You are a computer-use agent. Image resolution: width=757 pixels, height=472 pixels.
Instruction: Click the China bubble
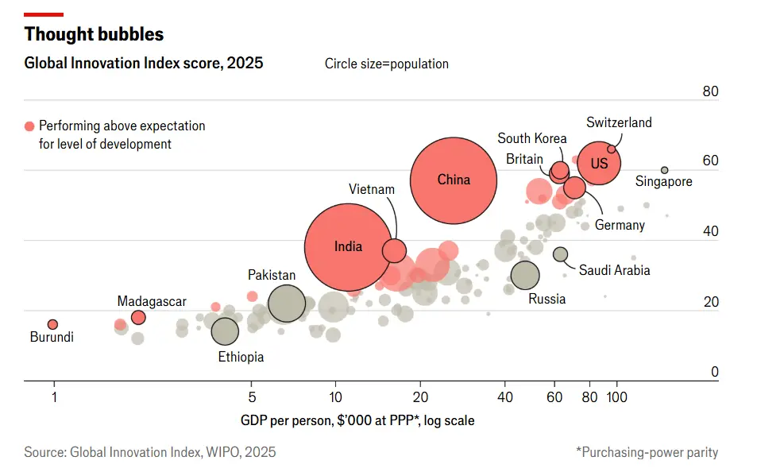(x=454, y=180)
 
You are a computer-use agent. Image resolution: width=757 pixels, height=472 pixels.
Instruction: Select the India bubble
(x=348, y=247)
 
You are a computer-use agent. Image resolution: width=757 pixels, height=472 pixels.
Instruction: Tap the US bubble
(x=599, y=163)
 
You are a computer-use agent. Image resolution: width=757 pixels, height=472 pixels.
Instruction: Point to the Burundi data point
(x=53, y=324)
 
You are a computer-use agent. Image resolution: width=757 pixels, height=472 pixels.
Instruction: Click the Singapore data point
(x=665, y=170)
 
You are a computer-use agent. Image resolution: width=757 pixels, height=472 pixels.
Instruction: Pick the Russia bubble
(x=525, y=275)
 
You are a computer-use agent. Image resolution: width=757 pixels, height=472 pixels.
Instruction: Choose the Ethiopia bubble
(x=225, y=331)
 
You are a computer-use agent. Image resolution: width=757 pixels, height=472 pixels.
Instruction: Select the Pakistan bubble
(x=287, y=304)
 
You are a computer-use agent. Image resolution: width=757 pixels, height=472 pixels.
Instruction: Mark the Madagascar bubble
(x=138, y=317)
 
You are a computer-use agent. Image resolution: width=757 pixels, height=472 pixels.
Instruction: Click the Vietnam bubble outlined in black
(x=394, y=250)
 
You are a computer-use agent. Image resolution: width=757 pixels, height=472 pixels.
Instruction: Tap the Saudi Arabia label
(x=614, y=270)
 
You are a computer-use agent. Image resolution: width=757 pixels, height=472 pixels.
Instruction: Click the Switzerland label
(x=619, y=122)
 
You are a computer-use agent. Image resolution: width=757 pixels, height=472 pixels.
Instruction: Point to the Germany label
(x=620, y=225)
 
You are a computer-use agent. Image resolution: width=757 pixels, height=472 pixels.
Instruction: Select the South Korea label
(x=532, y=139)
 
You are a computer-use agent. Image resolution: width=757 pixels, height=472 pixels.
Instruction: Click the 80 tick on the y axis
(x=710, y=91)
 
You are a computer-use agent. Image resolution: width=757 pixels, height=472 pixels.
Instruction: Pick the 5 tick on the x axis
(x=252, y=397)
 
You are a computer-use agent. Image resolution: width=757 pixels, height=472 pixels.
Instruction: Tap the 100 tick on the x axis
(x=616, y=397)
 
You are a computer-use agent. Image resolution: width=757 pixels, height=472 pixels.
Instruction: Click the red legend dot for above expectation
(x=30, y=126)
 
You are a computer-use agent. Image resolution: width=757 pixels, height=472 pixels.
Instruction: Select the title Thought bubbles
(x=94, y=34)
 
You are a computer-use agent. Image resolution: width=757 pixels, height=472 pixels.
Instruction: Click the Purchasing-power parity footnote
(x=647, y=452)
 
